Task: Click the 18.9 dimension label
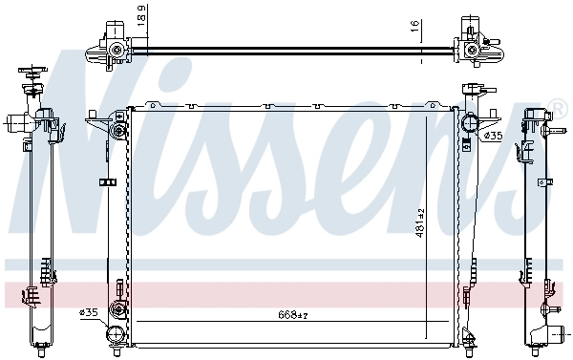pyautogui.click(x=142, y=16)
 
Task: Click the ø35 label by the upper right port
pyautogui.click(x=494, y=137)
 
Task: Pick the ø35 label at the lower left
pyautogui.click(x=89, y=312)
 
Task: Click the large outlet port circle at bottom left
pyautogui.click(x=116, y=335)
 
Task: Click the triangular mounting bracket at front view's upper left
pyautogui.click(x=96, y=121)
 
